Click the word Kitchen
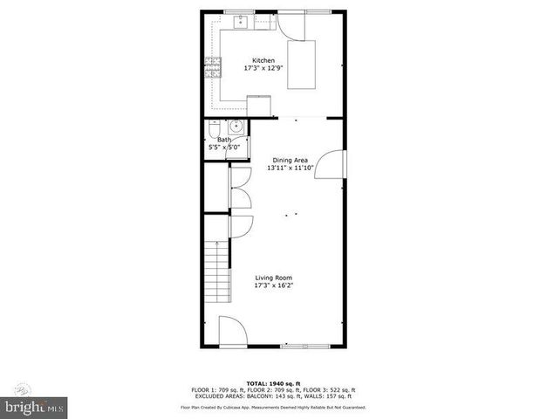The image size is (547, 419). coord(263,60)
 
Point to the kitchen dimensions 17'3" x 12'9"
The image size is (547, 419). coord(264,69)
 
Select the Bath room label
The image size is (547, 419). coord(224,140)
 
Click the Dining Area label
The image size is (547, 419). coord(291,160)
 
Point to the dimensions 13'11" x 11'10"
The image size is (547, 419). coord(291,168)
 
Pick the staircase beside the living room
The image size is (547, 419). coord(217,271)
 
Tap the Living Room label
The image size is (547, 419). coord(272,278)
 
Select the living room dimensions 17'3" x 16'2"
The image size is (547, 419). coord(273,285)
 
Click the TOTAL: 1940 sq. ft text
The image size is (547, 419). coord(273,383)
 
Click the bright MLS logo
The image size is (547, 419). coord(33,406)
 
